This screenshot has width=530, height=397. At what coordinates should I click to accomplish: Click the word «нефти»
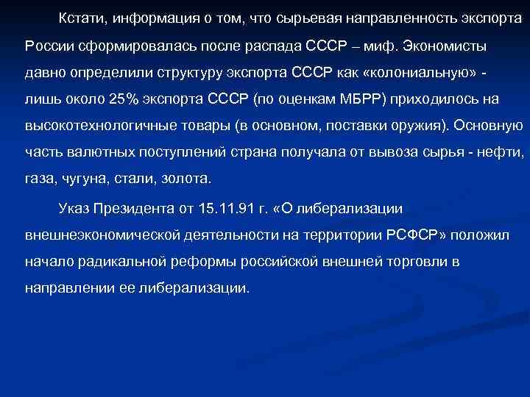click(500, 152)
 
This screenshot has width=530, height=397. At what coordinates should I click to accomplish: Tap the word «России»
click(48, 46)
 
